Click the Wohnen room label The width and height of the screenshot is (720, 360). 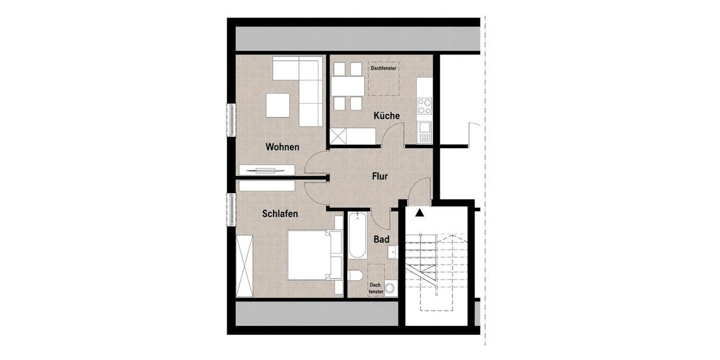point(282,147)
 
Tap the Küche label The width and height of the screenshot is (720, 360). point(386,116)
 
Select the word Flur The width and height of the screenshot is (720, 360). point(379,176)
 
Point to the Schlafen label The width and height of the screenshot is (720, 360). point(280,214)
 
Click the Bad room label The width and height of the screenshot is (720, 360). point(382,239)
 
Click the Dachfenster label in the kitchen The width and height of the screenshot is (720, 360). point(380,68)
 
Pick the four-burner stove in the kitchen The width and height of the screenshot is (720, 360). point(425,106)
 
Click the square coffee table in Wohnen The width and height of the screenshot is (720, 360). point(277,106)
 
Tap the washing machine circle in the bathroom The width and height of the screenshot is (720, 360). point(392,289)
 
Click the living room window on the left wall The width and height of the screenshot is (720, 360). point(231,120)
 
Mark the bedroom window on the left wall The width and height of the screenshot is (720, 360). point(231,209)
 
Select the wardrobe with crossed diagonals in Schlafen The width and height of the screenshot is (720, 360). point(245,266)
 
